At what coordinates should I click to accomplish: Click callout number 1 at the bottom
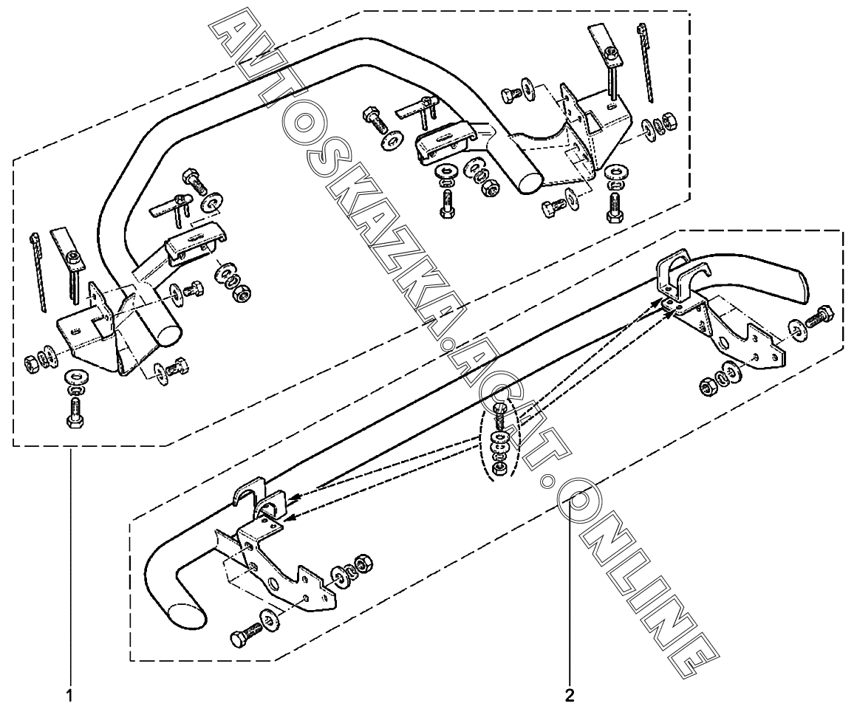click(70, 695)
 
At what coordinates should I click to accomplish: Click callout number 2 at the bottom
click(570, 695)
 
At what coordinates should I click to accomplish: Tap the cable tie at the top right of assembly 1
click(648, 63)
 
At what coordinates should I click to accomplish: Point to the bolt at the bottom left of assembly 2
click(246, 636)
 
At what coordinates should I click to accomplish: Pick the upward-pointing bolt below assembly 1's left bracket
click(75, 411)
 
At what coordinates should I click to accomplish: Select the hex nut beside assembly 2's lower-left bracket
click(362, 564)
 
